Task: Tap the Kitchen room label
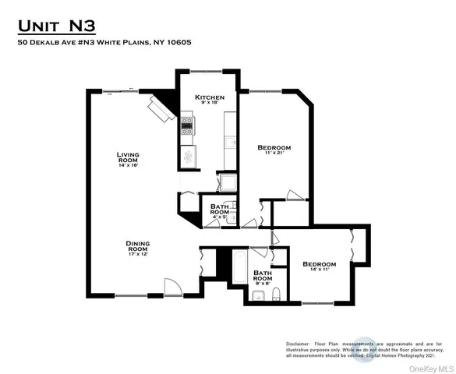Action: coord(209,97)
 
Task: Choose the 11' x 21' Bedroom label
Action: coord(274,147)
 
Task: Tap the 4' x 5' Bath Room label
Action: coord(220,210)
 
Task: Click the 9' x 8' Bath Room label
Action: coord(262,277)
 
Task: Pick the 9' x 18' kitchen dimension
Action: coord(209,104)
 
